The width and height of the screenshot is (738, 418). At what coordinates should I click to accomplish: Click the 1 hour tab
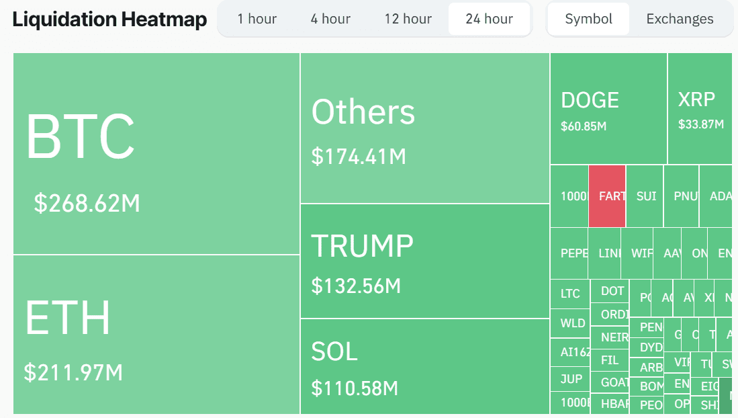pyautogui.click(x=257, y=19)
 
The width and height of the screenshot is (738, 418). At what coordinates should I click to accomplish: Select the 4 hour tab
pyautogui.click(x=330, y=19)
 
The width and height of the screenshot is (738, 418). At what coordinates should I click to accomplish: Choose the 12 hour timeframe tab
pyautogui.click(x=408, y=19)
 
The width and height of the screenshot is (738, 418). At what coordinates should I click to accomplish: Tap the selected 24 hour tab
pyautogui.click(x=489, y=19)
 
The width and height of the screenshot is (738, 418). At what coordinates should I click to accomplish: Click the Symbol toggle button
pyautogui.click(x=588, y=19)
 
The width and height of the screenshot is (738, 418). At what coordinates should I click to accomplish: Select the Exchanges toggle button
pyautogui.click(x=680, y=19)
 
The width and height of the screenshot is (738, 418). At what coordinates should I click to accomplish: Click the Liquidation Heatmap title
pyautogui.click(x=109, y=19)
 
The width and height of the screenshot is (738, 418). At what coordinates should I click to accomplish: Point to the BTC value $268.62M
pyautogui.click(x=87, y=203)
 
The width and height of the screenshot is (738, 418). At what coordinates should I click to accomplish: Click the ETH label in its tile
pyautogui.click(x=68, y=318)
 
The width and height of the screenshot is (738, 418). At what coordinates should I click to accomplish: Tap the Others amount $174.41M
pyautogui.click(x=359, y=157)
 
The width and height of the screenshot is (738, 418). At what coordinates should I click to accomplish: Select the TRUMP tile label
pyautogui.click(x=362, y=246)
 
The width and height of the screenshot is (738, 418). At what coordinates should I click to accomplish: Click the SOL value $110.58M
pyautogui.click(x=355, y=388)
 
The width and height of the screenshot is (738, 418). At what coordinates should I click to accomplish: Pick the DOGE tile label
pyautogui.click(x=590, y=100)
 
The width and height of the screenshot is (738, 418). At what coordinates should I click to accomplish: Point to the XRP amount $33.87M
pyautogui.click(x=701, y=124)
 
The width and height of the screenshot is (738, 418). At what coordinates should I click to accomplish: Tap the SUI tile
pyautogui.click(x=645, y=196)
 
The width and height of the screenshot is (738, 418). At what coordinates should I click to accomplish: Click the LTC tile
pyautogui.click(x=570, y=294)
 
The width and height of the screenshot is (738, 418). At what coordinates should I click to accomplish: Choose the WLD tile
pyautogui.click(x=571, y=323)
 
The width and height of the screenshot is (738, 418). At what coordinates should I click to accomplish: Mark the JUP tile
pyautogui.click(x=571, y=379)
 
